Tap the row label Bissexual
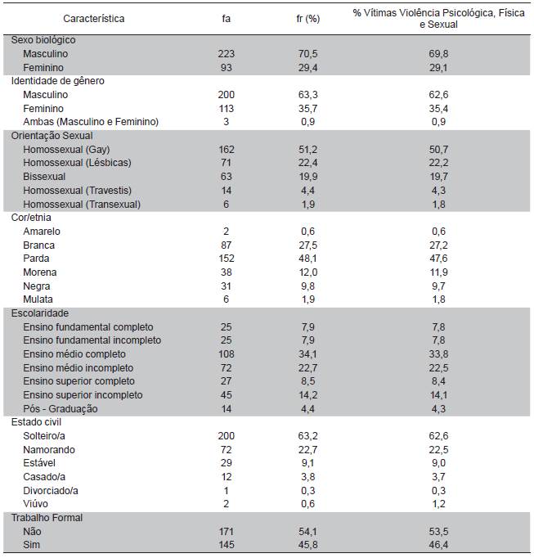coord(44,177)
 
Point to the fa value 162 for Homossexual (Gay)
coord(227,150)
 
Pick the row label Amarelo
coord(42,232)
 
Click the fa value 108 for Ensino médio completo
coord(227,354)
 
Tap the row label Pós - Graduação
coord(61,408)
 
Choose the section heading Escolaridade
coord(39,313)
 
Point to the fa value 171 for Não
coord(227,531)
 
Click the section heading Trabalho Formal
coord(47,518)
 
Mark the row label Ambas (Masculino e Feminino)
coord(91,122)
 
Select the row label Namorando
coord(49,449)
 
